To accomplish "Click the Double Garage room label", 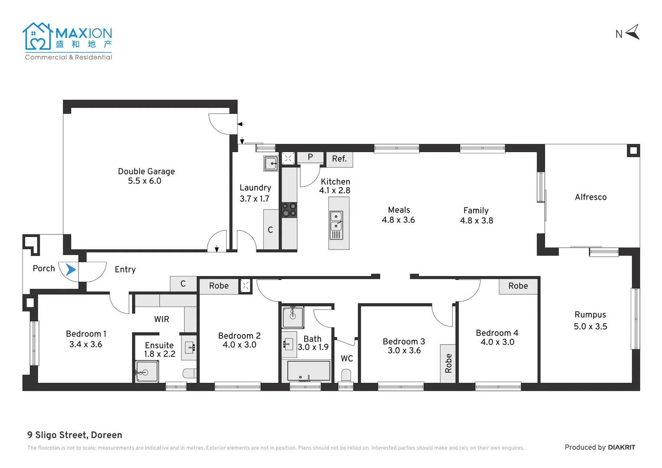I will pos(146,172).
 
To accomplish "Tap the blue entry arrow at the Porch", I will pos(70,270).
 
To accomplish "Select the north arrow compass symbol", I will pos(633,32).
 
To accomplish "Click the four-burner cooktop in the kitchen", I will pos(289,210).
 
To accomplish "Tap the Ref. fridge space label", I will pos(339,159).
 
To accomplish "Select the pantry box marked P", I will pos(310,157).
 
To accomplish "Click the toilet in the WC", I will pos(346,375).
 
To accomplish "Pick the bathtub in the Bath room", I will pos(309,371).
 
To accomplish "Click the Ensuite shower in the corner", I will pos(146,371).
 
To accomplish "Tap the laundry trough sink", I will pos(271,163).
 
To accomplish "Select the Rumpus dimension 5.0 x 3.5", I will pos(590,327).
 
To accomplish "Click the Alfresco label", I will pos(591,197).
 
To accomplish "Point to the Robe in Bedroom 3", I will pos(448,363).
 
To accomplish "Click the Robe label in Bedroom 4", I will pos(518,286).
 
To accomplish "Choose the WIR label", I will pos(162,319).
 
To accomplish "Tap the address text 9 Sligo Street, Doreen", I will pos(75,435).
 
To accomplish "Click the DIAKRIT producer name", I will pos(621,448).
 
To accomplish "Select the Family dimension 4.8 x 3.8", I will pos(477,221).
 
